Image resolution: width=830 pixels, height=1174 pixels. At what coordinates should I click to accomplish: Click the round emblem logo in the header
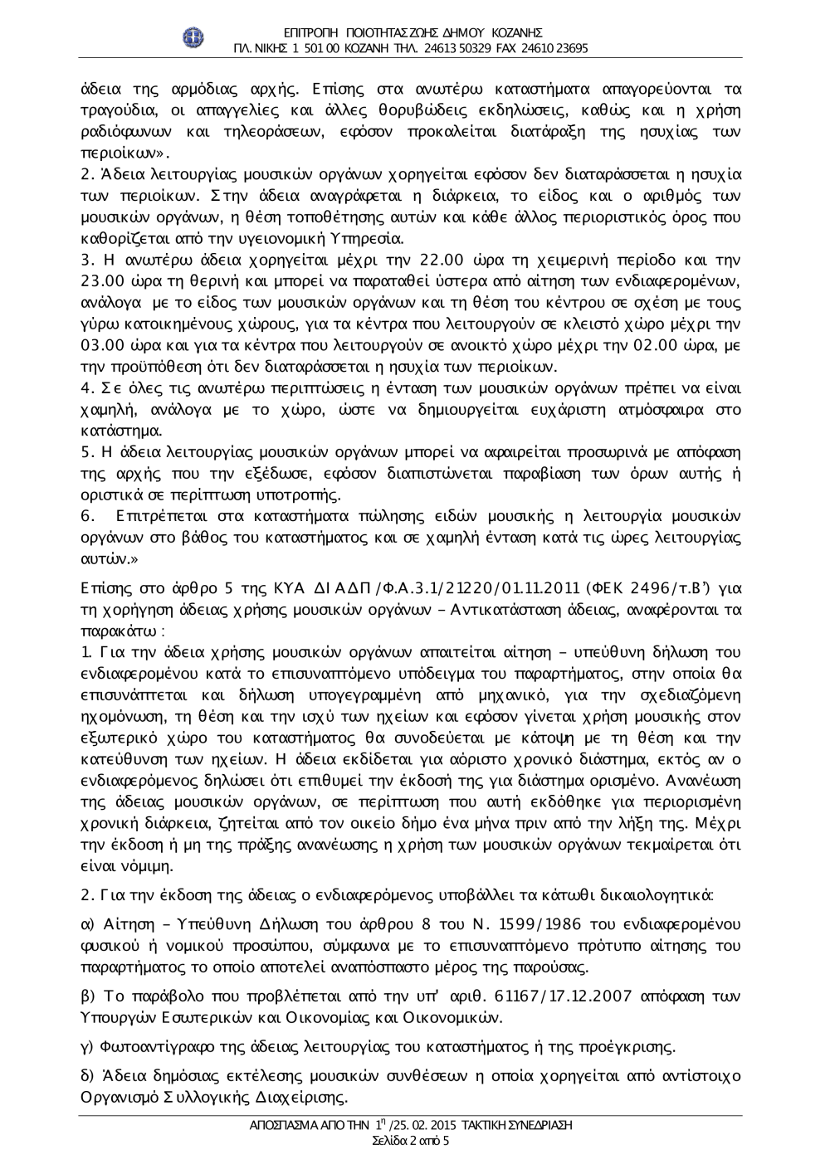pos(193,39)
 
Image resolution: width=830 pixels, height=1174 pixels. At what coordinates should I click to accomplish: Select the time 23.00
pos(101,281)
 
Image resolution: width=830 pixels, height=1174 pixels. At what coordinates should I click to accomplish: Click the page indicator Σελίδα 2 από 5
pos(412,1141)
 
